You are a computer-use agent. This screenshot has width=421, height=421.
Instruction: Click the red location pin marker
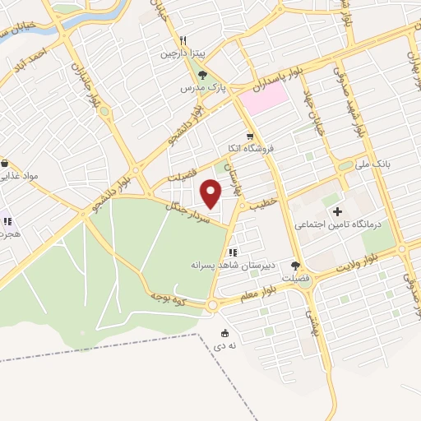[x=212, y=195]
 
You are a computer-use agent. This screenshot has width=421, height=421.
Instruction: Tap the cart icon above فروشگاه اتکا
[x=250, y=136]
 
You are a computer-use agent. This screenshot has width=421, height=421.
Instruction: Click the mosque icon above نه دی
[x=224, y=334]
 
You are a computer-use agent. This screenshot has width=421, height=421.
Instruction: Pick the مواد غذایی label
[x=20, y=176]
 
